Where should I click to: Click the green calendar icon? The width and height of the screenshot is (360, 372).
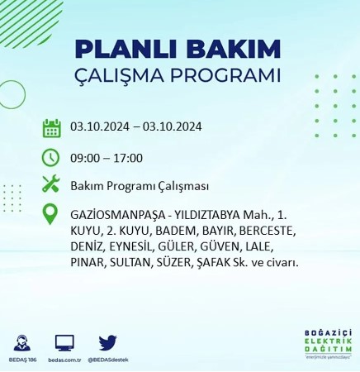pos(51,128)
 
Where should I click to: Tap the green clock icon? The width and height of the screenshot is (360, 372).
pos(51,157)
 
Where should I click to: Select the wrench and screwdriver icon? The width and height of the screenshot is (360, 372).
pos(51,184)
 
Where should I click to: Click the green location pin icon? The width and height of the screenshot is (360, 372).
pos(51,214)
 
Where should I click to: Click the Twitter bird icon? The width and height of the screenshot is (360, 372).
pos(107,342)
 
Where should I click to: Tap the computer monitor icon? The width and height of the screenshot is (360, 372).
pos(65,342)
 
